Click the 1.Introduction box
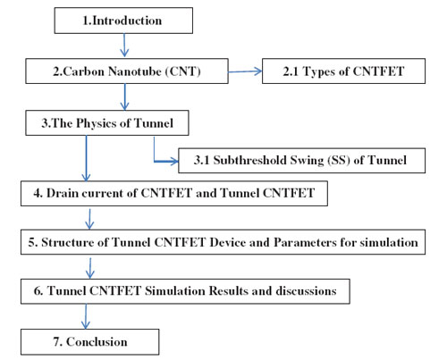pos(123,21)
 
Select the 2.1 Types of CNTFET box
pos(343,71)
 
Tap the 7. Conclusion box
pos(89,342)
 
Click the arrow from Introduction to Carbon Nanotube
pos(124,45)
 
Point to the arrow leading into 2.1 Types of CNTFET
pos(245,71)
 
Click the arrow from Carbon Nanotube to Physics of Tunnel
pos(125,96)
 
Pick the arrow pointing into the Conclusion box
pos(86,316)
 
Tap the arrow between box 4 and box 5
pos(89,219)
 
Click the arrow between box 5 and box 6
pos(90,268)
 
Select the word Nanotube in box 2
pos(135,71)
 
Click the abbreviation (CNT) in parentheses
pos(182,71)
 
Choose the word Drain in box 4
pos(62,193)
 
